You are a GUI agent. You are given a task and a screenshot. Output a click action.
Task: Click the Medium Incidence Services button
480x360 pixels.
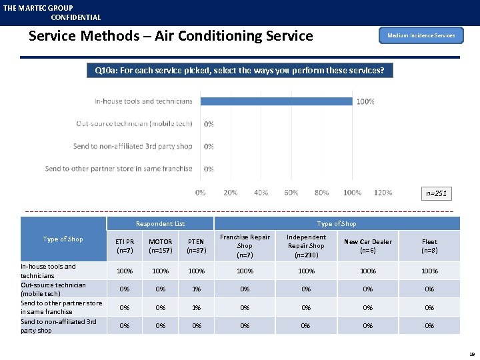click(421, 35)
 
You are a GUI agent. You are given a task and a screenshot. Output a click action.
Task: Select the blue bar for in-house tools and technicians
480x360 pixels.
click(277, 101)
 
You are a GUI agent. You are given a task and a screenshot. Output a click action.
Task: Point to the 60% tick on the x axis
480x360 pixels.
click(291, 193)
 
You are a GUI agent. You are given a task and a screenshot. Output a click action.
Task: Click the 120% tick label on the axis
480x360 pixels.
click(383, 193)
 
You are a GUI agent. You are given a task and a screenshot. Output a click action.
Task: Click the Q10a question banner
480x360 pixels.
click(239, 70)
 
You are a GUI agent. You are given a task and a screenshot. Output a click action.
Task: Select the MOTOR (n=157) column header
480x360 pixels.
click(160, 246)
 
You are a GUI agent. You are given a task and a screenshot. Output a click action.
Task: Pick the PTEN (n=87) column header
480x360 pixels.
click(196, 246)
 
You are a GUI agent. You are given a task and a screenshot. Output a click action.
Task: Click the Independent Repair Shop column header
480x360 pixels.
click(306, 245)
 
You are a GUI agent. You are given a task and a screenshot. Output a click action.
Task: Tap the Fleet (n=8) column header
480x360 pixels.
click(429, 246)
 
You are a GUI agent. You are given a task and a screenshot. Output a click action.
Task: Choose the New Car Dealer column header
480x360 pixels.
click(367, 246)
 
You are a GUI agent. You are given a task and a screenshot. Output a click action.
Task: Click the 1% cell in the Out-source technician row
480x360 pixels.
click(196, 289)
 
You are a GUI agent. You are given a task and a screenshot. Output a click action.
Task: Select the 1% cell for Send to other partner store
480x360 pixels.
click(196, 307)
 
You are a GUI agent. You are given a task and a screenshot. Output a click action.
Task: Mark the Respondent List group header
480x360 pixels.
click(160, 224)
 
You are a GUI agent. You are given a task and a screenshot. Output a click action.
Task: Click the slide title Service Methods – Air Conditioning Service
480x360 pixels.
click(171, 36)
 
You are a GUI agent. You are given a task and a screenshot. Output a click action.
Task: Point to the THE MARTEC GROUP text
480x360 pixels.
click(38, 8)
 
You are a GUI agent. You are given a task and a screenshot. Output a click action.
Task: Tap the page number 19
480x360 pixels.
click(472, 355)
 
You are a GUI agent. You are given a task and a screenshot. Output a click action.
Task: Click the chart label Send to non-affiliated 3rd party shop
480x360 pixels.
click(133, 146)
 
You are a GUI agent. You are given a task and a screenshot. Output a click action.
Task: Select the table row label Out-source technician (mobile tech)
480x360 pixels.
click(53, 289)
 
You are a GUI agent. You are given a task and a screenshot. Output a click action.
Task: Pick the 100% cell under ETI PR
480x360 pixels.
click(125, 271)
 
